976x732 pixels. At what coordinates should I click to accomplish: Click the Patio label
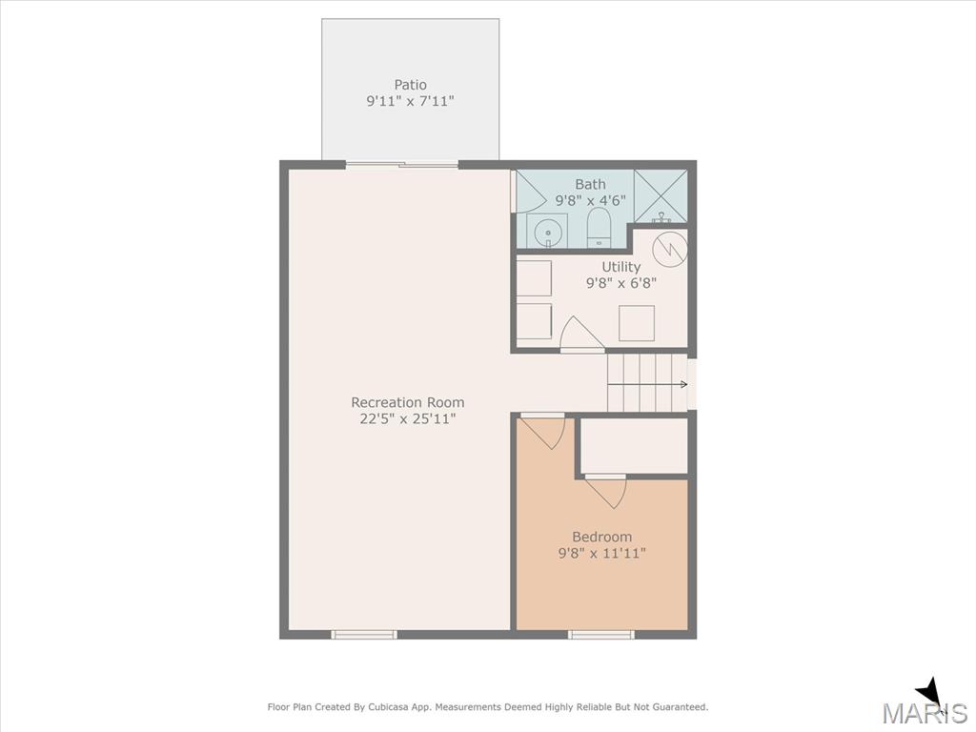pyautogui.click(x=410, y=85)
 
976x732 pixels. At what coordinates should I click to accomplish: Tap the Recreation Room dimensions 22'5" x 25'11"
pyautogui.click(x=408, y=419)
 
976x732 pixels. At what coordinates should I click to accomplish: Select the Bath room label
pyautogui.click(x=590, y=184)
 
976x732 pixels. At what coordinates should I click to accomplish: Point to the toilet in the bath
pyautogui.click(x=600, y=227)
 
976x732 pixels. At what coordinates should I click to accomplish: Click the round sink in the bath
pyautogui.click(x=548, y=232)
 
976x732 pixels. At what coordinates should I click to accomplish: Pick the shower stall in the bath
pyautogui.click(x=661, y=195)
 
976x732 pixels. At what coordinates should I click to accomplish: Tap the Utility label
pyautogui.click(x=620, y=267)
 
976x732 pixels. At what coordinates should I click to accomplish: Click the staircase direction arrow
pyautogui.click(x=647, y=384)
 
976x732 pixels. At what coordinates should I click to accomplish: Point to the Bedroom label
pyautogui.click(x=602, y=537)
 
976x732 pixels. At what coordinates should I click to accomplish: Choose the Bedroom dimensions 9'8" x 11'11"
pyautogui.click(x=602, y=553)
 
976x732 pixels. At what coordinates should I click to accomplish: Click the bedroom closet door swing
pyautogui.click(x=605, y=491)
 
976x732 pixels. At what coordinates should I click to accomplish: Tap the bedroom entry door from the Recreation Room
pyautogui.click(x=542, y=431)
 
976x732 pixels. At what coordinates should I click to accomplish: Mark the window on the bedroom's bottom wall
pyautogui.click(x=601, y=634)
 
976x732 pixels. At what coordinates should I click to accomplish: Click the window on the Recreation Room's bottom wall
pyautogui.click(x=363, y=634)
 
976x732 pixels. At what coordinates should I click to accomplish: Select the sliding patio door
pyautogui.click(x=401, y=165)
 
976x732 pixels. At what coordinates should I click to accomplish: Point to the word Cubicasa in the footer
pyautogui.click(x=390, y=707)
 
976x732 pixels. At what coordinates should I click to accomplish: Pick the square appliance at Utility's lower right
pyautogui.click(x=637, y=323)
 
